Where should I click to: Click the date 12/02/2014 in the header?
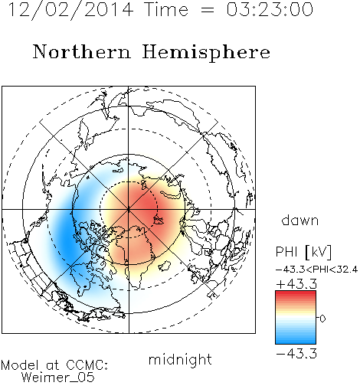(70, 10)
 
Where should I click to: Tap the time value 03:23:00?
(270, 9)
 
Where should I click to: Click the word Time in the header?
(166, 9)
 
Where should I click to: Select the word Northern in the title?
(82, 51)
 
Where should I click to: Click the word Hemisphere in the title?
(206, 53)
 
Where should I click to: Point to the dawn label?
(300, 220)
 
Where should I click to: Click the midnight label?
(180, 359)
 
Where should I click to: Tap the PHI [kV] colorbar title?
(303, 252)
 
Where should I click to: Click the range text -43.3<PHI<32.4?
(316, 270)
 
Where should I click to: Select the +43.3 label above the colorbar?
(296, 284)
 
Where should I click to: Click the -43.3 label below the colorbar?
(296, 354)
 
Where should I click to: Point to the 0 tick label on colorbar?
(322, 319)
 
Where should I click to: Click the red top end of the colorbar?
(296, 293)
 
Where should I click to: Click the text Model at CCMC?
(54, 365)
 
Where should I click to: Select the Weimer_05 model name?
(58, 378)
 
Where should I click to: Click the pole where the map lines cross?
(129, 210)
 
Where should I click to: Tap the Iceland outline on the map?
(165, 266)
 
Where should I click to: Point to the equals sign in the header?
(208, 10)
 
